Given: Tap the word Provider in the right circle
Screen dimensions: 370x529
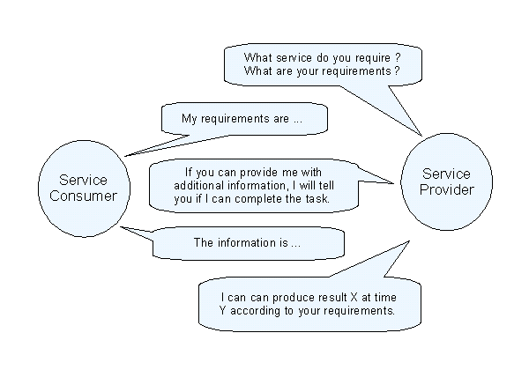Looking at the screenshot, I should pos(448,190).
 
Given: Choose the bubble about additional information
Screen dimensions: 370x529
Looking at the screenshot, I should pos(256,186).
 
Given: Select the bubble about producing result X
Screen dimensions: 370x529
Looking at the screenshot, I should pos(309,303).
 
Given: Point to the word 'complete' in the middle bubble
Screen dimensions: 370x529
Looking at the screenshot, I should pos(279,199).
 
